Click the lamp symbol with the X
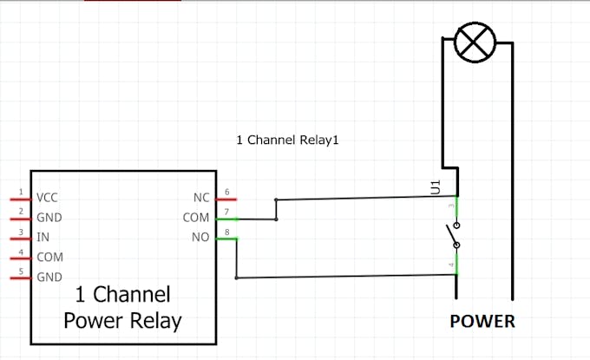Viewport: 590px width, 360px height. pyautogui.click(x=475, y=43)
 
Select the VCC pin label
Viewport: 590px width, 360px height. pyautogui.click(x=48, y=198)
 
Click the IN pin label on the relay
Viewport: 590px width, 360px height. pyautogui.click(x=43, y=237)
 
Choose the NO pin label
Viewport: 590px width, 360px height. pyautogui.click(x=199, y=237)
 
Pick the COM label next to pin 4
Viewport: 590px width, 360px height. pyautogui.click(x=51, y=257)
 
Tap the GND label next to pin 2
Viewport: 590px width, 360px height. pyautogui.click(x=49, y=218)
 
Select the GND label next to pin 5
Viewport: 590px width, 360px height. pyautogui.click(x=49, y=277)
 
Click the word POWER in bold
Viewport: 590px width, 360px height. pyautogui.click(x=482, y=322)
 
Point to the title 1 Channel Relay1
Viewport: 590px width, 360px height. pyautogui.click(x=285, y=139)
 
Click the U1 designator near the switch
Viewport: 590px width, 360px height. pyautogui.click(x=436, y=187)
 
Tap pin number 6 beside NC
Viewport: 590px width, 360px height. pyautogui.click(x=226, y=191)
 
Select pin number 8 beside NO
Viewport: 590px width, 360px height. pyautogui.click(x=226, y=231)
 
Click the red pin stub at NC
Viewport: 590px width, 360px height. pyautogui.click(x=226, y=199)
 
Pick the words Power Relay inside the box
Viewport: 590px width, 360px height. pyautogui.click(x=122, y=321)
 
